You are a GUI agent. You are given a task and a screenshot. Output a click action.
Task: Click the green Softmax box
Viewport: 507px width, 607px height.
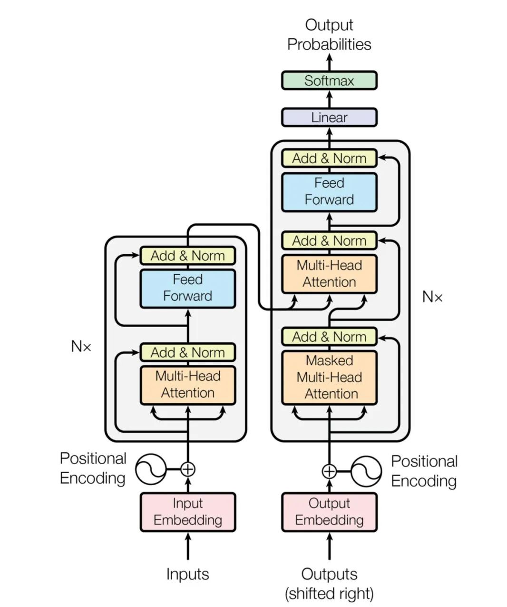[x=329, y=80]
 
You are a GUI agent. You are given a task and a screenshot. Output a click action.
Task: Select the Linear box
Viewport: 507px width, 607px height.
[x=329, y=117]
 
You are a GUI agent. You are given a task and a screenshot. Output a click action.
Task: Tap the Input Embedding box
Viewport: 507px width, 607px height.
[x=188, y=512]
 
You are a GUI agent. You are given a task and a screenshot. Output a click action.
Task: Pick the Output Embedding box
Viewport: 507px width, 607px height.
[x=329, y=512]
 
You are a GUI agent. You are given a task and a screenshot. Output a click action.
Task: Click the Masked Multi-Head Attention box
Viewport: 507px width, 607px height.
[x=329, y=378]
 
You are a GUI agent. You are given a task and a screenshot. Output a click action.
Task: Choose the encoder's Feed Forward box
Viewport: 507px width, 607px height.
[x=188, y=288]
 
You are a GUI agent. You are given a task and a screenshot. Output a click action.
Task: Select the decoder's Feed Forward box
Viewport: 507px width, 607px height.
[x=329, y=191]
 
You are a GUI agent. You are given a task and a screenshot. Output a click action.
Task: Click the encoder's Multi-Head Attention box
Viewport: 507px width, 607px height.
[x=188, y=385]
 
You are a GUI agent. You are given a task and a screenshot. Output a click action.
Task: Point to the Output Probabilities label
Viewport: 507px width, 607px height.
[x=329, y=35]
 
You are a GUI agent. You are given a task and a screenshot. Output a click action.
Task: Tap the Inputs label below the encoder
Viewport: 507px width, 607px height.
[x=188, y=574]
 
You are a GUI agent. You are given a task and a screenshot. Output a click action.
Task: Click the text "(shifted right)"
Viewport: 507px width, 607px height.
[x=329, y=594]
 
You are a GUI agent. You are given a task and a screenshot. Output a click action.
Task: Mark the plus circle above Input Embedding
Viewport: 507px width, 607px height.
[x=188, y=469]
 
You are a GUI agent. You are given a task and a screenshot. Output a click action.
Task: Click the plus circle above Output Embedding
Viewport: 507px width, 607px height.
[x=329, y=472]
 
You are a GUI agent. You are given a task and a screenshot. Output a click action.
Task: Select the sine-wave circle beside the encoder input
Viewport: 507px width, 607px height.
[x=151, y=469]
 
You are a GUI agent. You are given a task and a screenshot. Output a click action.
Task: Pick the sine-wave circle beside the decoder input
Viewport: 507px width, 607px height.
[x=366, y=472]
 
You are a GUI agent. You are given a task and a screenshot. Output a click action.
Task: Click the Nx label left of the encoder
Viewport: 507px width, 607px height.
[x=81, y=346]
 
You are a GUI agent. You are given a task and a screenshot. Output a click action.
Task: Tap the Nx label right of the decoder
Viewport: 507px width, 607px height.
[x=432, y=297]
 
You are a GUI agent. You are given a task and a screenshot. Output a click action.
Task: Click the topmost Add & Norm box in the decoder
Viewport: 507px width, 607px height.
[x=329, y=159]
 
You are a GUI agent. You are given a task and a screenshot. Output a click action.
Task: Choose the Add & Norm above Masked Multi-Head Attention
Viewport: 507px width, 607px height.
[x=329, y=337]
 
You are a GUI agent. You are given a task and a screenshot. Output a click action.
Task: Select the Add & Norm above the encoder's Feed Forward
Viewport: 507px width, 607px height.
[x=188, y=256]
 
